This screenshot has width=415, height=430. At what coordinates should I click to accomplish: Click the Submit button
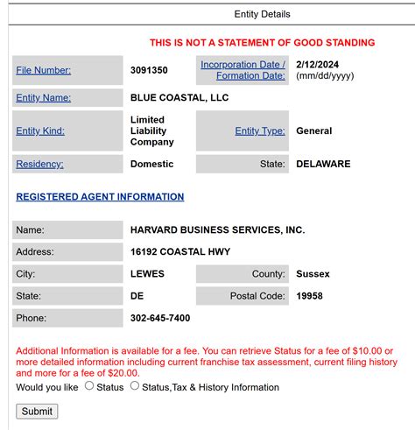(37, 411)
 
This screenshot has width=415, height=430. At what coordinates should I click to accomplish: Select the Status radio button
(89, 386)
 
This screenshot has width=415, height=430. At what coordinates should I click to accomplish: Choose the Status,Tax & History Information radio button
(135, 386)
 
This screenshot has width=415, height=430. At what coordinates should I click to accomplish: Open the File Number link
(43, 70)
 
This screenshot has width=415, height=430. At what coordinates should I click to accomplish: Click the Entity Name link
(43, 98)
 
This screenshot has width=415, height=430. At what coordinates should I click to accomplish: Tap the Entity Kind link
(40, 131)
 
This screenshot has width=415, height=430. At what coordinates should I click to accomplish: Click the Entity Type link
(260, 131)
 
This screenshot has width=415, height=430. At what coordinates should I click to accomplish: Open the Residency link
(39, 164)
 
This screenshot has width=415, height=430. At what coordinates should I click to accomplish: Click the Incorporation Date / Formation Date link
(243, 70)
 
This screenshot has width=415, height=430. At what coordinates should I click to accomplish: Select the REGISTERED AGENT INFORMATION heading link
(100, 197)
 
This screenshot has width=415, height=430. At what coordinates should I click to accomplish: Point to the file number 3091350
(150, 70)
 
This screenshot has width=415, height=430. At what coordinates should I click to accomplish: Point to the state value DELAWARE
(323, 164)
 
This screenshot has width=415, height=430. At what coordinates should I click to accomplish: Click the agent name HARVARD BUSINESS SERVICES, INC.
(217, 229)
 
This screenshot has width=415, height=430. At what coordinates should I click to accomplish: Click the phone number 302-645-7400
(160, 318)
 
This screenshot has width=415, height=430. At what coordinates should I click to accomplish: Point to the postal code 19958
(309, 296)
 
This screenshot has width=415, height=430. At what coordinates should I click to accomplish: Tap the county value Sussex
(313, 274)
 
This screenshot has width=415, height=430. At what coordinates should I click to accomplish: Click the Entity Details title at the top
(262, 14)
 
